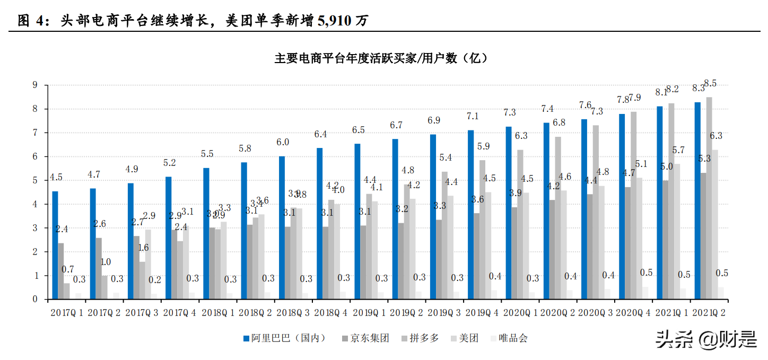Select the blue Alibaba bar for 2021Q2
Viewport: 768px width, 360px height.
697,201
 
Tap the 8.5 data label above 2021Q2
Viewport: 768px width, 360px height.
710,83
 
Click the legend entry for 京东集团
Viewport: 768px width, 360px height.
365,338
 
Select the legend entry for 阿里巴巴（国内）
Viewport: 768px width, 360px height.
284,338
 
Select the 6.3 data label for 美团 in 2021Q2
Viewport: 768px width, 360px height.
716,136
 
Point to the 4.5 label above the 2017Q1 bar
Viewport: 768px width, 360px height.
56,177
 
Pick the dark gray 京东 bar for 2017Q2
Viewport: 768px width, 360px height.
99,268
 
